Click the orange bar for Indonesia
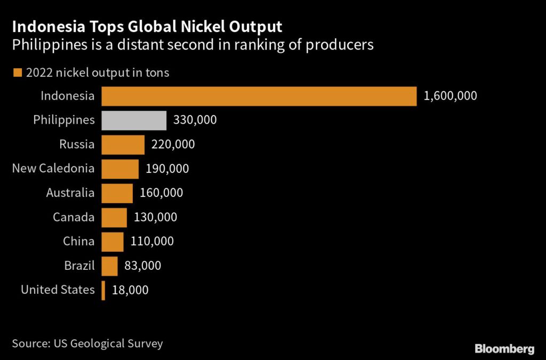click(x=259, y=96)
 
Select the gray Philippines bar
click(x=134, y=121)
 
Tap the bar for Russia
click(x=123, y=145)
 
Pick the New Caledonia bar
click(x=120, y=169)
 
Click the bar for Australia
click(x=117, y=193)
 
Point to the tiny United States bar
click(x=103, y=290)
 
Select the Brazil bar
click(x=109, y=266)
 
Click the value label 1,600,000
click(x=450, y=96)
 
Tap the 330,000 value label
click(x=195, y=121)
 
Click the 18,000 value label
click(x=130, y=290)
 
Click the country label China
click(x=78, y=242)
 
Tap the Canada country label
click(x=74, y=218)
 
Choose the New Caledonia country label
click(x=53, y=169)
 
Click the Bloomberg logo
click(x=504, y=349)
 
